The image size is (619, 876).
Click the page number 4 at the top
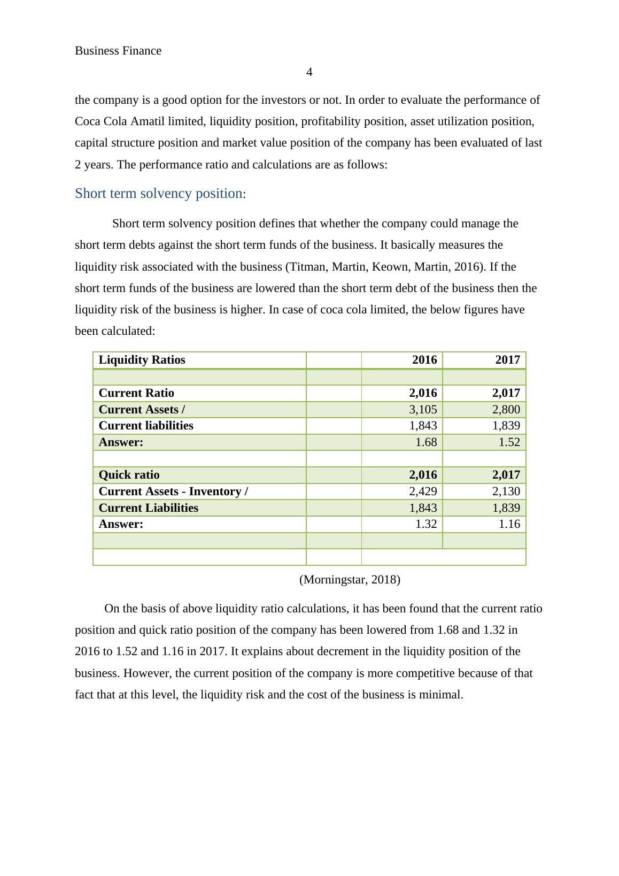pos(309,72)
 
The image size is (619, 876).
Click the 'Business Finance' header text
pos(118,51)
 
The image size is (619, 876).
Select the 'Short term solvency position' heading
pos(159,194)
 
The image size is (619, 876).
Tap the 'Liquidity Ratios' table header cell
pos(142,360)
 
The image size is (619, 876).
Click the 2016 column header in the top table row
pos(424,360)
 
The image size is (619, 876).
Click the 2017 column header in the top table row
pos(507,360)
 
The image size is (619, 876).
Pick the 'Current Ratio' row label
pos(136,393)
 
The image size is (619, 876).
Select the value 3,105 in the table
pos(423,410)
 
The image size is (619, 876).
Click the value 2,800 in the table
pos(506,410)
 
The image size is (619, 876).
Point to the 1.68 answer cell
pos(426,442)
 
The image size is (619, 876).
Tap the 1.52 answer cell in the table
pos(509,442)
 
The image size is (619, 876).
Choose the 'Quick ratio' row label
pos(129,475)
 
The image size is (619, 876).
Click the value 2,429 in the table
pos(423,491)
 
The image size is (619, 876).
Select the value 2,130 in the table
pos(506,491)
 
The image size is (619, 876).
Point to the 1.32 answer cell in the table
pos(426,524)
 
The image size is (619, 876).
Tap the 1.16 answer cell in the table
pos(509,524)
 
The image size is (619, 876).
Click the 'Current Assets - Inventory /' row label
pos(173,491)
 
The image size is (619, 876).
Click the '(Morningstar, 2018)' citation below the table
pos(350,580)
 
